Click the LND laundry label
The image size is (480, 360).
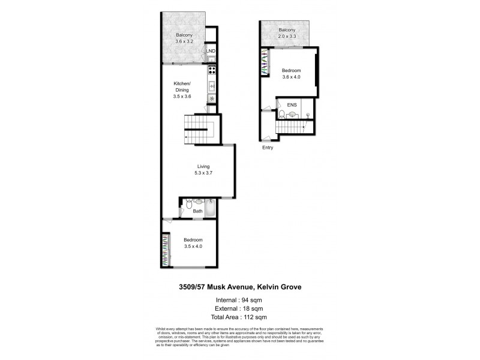tap(211, 51)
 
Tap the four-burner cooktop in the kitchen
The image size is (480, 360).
tap(211, 71)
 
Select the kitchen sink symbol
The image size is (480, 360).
tap(211, 86)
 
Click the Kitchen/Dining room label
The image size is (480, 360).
tap(182, 86)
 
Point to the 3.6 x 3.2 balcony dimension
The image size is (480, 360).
tap(184, 41)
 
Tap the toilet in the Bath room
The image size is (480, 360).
tap(188, 206)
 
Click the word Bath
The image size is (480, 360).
tap(198, 212)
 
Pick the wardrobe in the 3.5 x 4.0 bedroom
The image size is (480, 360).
tap(164, 251)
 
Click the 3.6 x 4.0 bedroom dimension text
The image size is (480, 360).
tap(292, 76)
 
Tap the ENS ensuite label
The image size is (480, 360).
tap(292, 106)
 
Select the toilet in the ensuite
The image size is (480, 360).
tap(281, 114)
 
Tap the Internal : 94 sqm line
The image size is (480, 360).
tap(239, 299)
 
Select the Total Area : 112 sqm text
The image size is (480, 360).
tap(239, 317)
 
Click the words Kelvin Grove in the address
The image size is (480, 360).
tap(277, 287)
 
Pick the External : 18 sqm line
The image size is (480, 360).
tap(239, 308)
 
